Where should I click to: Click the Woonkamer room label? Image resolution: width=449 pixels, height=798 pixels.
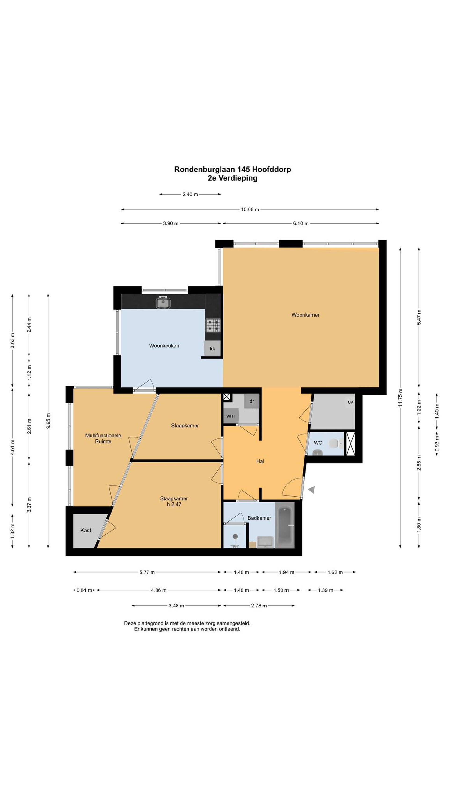pyautogui.click(x=305, y=315)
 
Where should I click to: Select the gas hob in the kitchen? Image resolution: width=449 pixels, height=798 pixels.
pyautogui.click(x=213, y=325)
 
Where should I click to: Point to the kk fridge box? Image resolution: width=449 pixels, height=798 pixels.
pyautogui.click(x=212, y=349)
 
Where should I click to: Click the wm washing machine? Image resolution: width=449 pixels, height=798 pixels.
pyautogui.click(x=231, y=416)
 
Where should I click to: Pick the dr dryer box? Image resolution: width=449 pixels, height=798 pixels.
pyautogui.click(x=251, y=401)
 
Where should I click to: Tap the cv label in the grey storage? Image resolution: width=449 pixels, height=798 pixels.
pyautogui.click(x=350, y=402)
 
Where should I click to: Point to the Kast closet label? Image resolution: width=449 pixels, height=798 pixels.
pyautogui.click(x=86, y=530)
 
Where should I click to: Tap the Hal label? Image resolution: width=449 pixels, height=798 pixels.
pyautogui.click(x=260, y=461)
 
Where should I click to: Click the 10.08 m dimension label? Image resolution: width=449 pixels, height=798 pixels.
pyautogui.click(x=250, y=209)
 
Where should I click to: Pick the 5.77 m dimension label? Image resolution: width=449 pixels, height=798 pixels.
pyautogui.click(x=147, y=572)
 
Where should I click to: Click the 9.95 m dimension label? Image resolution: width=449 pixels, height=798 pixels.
pyautogui.click(x=48, y=421)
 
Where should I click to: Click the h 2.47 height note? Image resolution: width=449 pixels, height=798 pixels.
pyautogui.click(x=174, y=504)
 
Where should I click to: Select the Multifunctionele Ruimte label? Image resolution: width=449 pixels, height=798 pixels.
pyautogui.click(x=103, y=438)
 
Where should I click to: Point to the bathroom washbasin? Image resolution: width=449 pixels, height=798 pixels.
pyautogui.click(x=265, y=542)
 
